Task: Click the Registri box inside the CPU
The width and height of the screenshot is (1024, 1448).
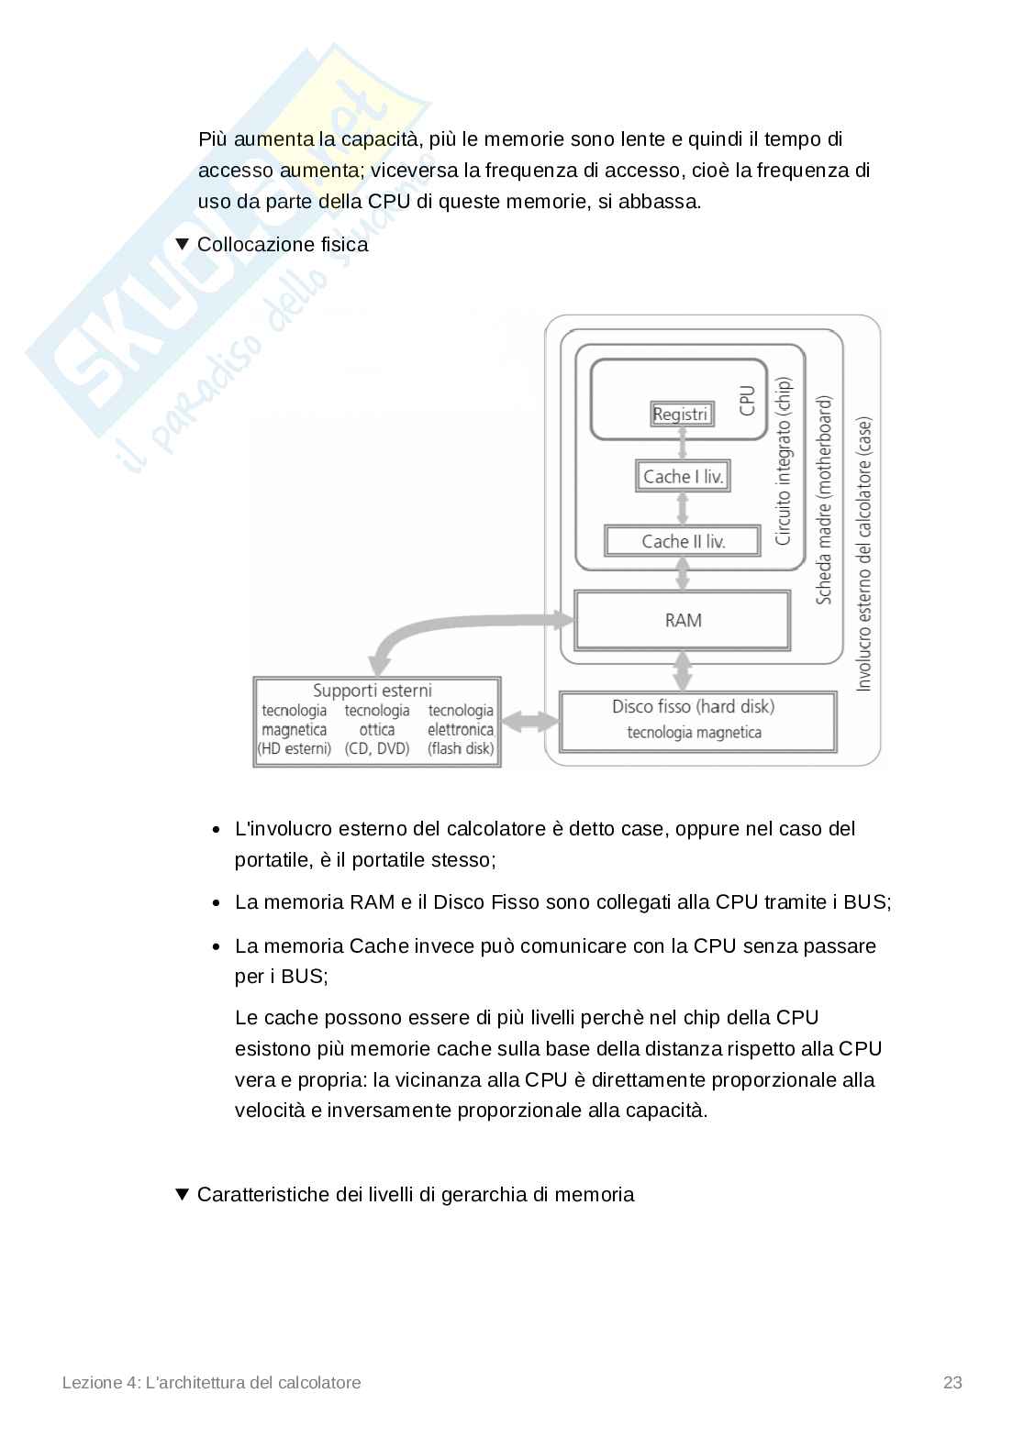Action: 680,415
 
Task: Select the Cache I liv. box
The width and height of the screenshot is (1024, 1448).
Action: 683,476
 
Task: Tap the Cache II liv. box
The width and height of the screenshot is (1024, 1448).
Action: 683,541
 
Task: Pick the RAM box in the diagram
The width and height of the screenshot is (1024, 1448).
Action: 683,621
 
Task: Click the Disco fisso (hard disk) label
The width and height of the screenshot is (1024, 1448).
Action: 693,707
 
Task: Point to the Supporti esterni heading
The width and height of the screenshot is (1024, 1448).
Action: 372,691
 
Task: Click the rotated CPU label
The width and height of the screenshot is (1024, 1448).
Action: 747,400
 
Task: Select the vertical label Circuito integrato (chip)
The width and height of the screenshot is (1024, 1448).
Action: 783,461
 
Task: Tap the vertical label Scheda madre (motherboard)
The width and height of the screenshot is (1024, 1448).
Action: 824,501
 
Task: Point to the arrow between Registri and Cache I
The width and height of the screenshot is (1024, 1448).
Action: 682,444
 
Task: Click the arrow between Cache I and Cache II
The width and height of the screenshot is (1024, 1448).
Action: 682,508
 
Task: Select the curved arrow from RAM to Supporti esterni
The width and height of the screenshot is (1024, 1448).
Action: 440,632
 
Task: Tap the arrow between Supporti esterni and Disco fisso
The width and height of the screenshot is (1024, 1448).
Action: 530,722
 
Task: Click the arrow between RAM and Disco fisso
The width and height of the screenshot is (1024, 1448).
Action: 682,671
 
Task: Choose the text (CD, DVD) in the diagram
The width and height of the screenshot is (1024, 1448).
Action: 376,748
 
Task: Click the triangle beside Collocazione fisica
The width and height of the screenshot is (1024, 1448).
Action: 182,244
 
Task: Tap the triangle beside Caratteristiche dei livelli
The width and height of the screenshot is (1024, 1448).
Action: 182,1194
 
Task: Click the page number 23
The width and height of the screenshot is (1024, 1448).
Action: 952,1382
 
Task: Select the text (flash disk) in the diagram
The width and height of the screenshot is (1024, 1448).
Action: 461,748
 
